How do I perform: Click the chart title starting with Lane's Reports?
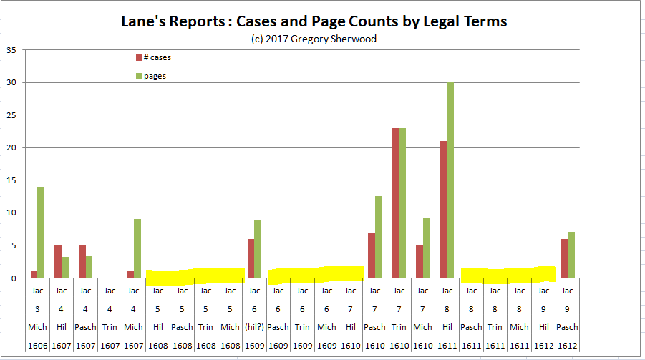314,21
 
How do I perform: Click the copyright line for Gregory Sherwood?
314,39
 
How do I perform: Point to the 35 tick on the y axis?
11,50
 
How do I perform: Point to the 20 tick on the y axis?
11,148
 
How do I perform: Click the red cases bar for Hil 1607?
57,261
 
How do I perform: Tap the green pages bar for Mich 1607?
137,248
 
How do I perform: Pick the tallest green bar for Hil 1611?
451,180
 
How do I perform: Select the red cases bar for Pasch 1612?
564,258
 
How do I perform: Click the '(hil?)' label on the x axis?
254,327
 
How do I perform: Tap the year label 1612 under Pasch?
568,345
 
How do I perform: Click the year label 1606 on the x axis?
37,345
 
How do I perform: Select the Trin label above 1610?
399,327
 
